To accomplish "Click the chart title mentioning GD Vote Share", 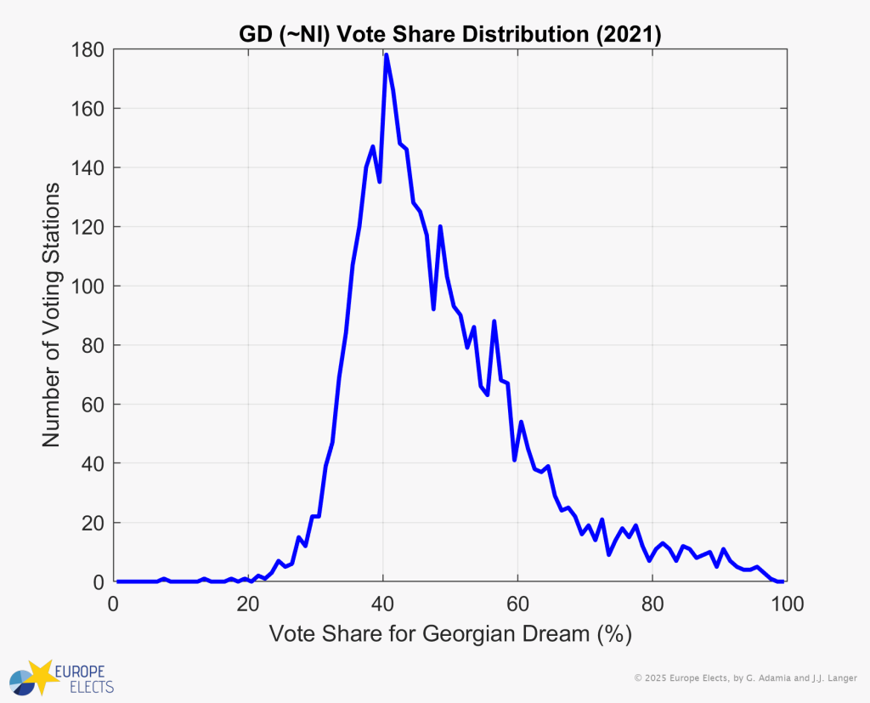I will tap(449, 35).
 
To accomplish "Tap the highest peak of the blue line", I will tap(386, 55).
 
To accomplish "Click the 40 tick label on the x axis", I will tap(382, 605).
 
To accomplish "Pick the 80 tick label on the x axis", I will tap(652, 605).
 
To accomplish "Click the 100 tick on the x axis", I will tap(782, 605).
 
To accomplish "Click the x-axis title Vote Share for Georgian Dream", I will tap(449, 634).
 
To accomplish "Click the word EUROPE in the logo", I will tap(84, 670).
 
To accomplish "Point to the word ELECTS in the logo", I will tap(84, 685).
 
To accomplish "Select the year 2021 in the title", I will tap(630, 35).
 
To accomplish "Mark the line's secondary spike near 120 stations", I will tap(440, 227).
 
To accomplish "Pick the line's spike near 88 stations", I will tap(494, 321).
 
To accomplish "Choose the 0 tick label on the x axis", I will tap(114, 605).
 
